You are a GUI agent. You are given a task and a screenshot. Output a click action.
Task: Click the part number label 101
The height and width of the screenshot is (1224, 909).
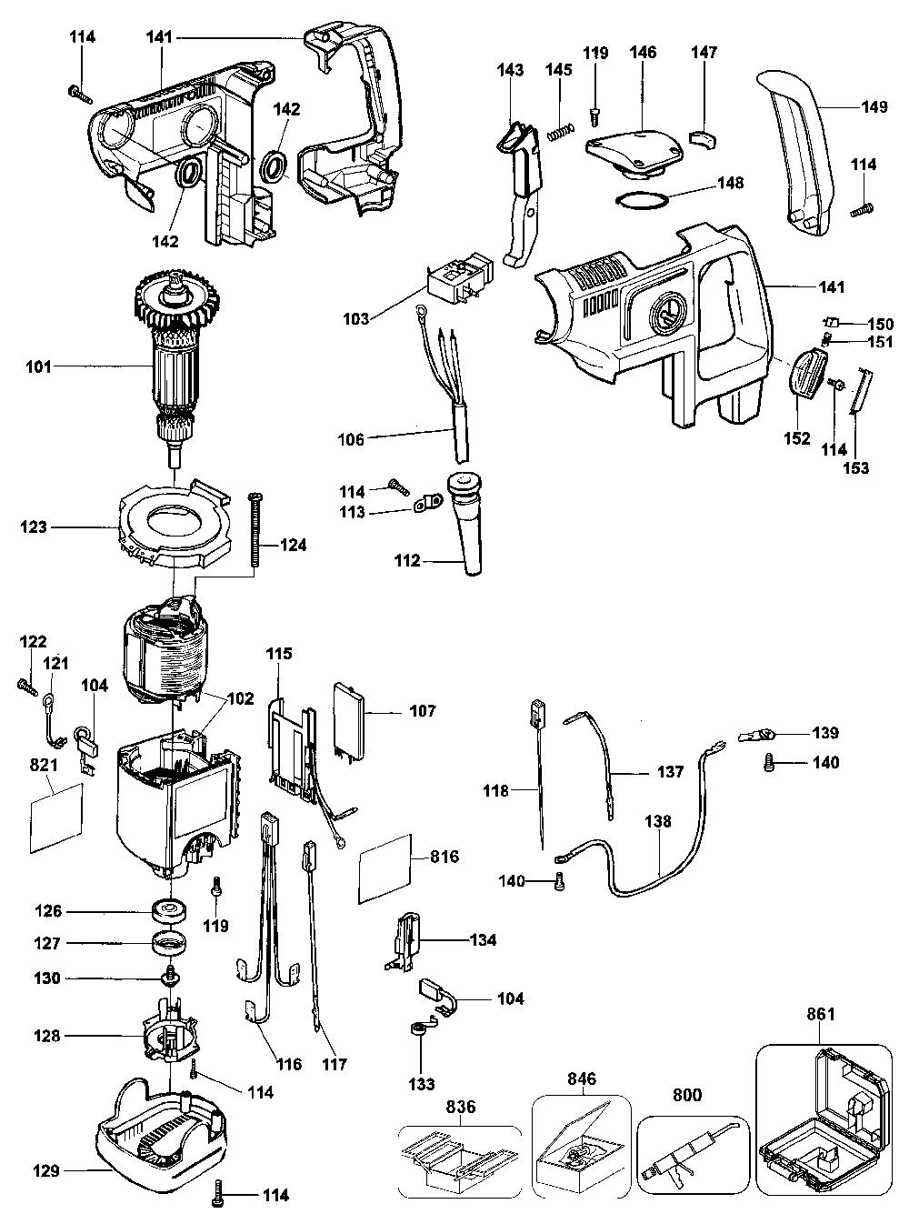click(39, 367)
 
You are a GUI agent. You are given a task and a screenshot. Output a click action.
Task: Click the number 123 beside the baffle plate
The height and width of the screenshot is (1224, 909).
click(40, 527)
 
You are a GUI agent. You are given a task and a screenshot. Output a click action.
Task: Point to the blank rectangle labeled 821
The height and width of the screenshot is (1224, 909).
click(56, 817)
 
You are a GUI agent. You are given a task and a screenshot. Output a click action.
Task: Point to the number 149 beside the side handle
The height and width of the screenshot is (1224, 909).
click(874, 106)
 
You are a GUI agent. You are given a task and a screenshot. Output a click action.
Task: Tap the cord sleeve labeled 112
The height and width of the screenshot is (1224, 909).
click(471, 526)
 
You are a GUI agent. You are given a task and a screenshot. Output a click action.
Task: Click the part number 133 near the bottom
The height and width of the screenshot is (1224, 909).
click(422, 1084)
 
